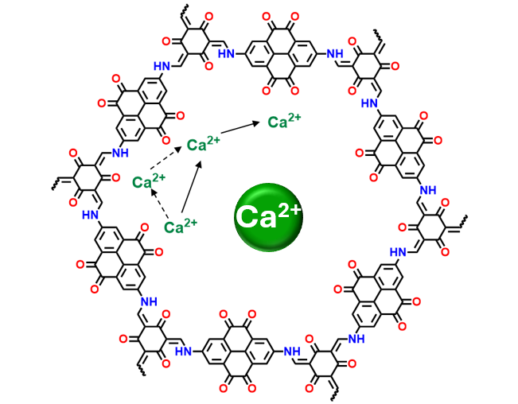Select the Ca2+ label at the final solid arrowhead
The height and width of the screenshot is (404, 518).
tap(284, 122)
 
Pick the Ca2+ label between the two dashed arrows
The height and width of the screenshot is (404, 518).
tap(149, 182)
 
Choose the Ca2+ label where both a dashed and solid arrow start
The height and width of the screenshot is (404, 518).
tap(181, 227)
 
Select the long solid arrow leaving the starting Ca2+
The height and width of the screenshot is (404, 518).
tap(194, 188)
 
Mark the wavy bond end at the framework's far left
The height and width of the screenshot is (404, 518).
tap(50, 185)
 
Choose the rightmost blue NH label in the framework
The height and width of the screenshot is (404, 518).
tap(427, 188)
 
